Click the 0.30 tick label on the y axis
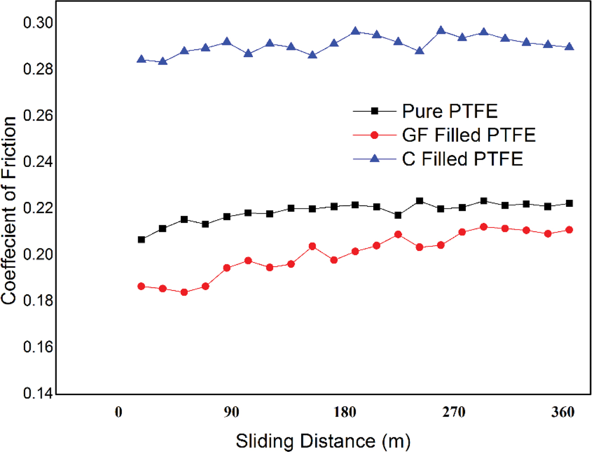coord(38,22)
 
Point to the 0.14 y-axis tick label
coord(38,393)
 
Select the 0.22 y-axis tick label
coord(38,208)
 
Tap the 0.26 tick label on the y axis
coord(38,115)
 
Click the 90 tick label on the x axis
coord(232,412)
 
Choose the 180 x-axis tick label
coord(345,412)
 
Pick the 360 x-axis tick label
coord(563,412)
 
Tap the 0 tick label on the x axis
coord(118,412)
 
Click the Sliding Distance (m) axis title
coord(323,441)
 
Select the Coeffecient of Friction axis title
coord(9,210)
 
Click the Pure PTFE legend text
coord(449,111)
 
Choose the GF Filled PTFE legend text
coord(469,135)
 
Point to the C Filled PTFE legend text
coord(462,159)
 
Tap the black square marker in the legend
coord(374,111)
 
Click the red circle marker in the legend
coord(374,135)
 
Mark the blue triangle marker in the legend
coord(374,159)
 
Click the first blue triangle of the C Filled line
coord(141,59)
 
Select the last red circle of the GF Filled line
coord(569,230)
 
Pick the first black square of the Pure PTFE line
coord(141,240)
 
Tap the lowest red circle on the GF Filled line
coord(184,292)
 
